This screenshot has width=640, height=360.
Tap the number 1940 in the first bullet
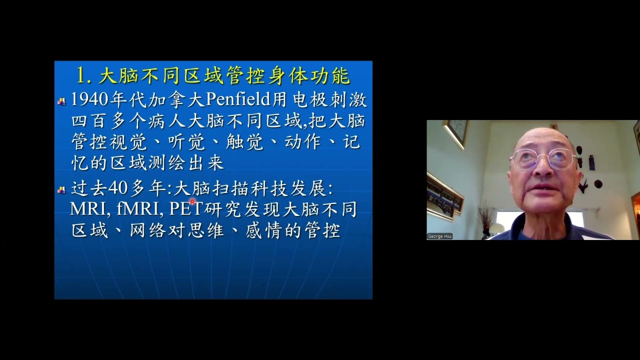[90, 100]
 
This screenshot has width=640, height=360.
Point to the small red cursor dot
[192, 201]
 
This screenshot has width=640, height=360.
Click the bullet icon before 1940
[61, 101]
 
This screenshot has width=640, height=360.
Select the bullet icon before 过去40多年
[61, 189]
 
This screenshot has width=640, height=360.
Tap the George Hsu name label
[440, 236]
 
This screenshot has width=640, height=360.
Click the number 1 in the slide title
[82, 75]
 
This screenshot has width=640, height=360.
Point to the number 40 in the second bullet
[118, 188]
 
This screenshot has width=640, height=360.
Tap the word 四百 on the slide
[90, 121]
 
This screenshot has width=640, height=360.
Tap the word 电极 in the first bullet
[309, 100]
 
